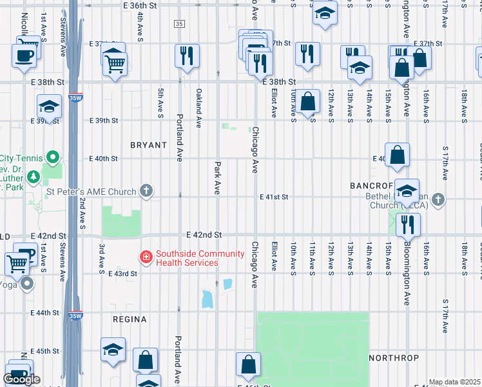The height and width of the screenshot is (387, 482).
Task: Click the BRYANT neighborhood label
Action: tap(148, 145)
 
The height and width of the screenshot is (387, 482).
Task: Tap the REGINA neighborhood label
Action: tap(130, 319)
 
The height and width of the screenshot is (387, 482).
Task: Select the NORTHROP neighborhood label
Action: tap(394, 357)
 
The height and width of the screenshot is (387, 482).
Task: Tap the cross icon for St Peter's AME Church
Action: tap(147, 191)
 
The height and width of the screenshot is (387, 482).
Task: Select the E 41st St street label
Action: tap(274, 197)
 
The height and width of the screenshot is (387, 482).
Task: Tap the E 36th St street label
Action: tap(140, 5)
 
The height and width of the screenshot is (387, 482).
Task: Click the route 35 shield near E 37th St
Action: tap(179, 24)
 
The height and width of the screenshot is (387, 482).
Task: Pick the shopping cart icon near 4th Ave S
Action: tap(115, 63)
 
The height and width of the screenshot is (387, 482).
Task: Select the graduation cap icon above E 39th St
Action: tap(49, 106)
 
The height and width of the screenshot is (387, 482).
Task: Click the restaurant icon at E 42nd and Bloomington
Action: tap(408, 224)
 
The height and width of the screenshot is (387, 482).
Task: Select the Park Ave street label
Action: tap(218, 177)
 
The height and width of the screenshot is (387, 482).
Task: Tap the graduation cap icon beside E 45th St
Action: tap(113, 350)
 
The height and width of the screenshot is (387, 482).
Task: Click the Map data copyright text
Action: tap(455, 382)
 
